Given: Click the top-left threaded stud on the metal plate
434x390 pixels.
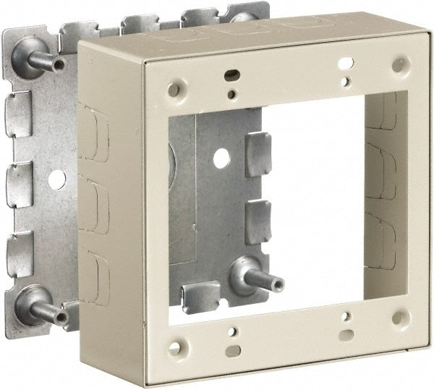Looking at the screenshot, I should (40, 58).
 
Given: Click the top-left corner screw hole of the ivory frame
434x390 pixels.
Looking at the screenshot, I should (174, 90).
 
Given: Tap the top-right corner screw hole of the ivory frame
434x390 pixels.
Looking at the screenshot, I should (399, 64).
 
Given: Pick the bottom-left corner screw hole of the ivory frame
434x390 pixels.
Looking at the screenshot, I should (174, 348).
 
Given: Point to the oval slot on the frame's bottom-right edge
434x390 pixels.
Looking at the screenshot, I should (346, 334).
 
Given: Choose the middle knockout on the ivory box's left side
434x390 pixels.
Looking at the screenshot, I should (95, 203).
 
